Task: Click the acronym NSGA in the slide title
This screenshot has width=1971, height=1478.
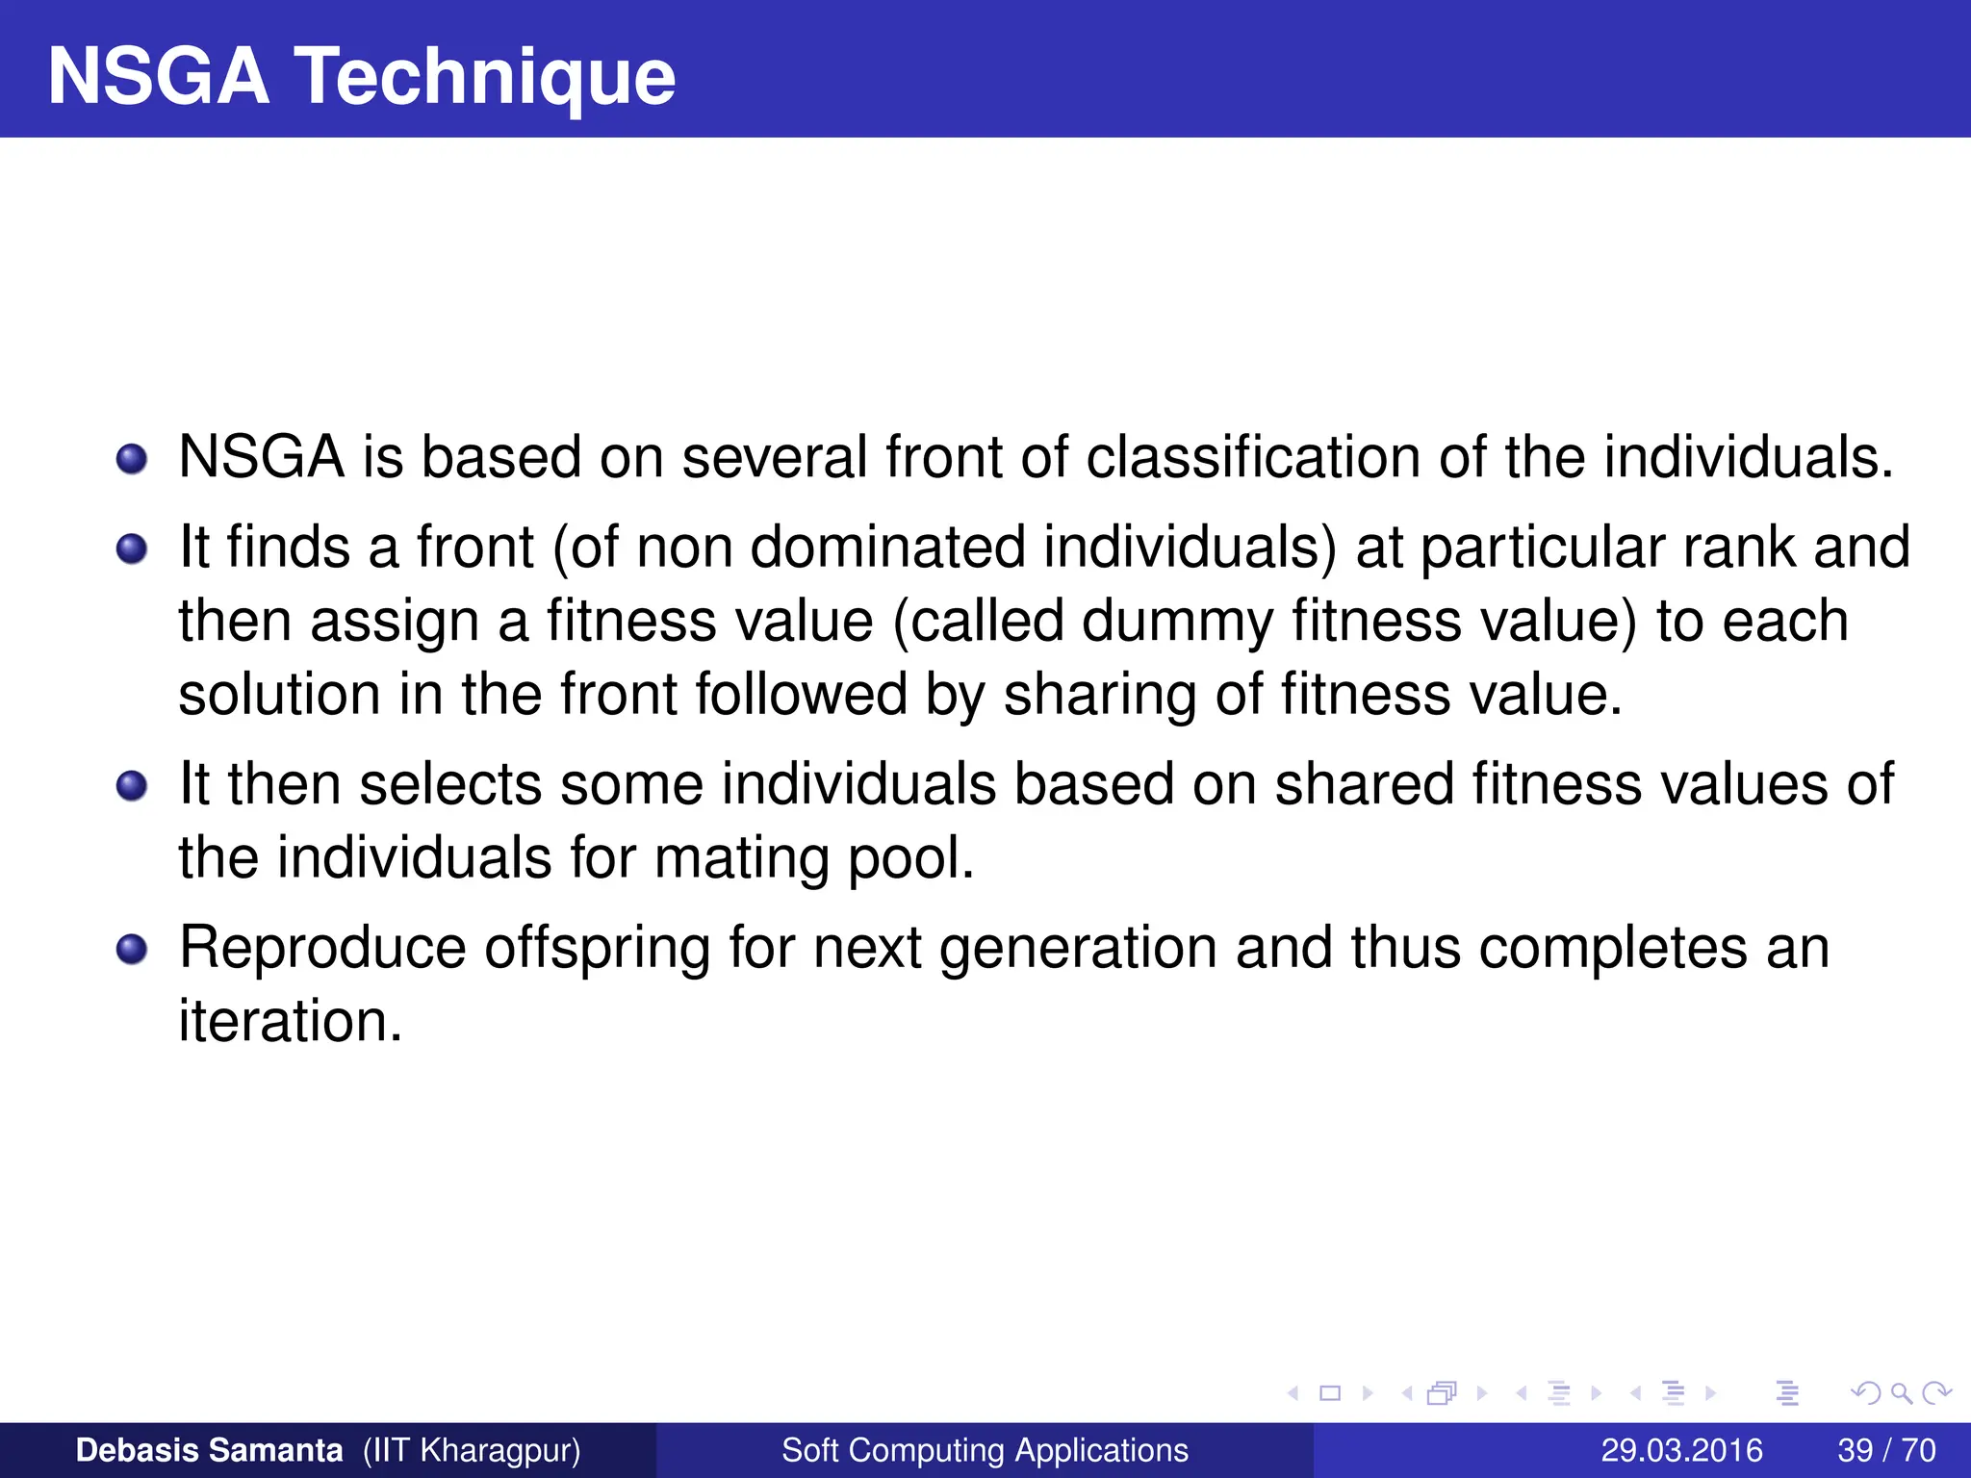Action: [158, 77]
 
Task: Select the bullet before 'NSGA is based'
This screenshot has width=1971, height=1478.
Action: [132, 459]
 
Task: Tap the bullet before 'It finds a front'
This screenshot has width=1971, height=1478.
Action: [132, 549]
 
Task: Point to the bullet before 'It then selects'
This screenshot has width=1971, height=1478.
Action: [132, 786]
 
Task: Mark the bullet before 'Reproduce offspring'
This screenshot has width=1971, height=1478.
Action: [132, 950]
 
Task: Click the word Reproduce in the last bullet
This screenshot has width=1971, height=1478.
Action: [322, 948]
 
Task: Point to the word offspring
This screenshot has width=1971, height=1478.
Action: [597, 948]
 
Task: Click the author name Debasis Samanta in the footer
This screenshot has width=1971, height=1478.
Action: [209, 1450]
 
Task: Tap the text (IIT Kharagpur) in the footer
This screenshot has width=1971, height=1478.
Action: [472, 1450]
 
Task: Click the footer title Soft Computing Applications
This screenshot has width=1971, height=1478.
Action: [985, 1450]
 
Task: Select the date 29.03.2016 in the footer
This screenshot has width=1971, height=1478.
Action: [1681, 1450]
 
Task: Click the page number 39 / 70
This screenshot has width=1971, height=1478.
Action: [1886, 1450]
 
